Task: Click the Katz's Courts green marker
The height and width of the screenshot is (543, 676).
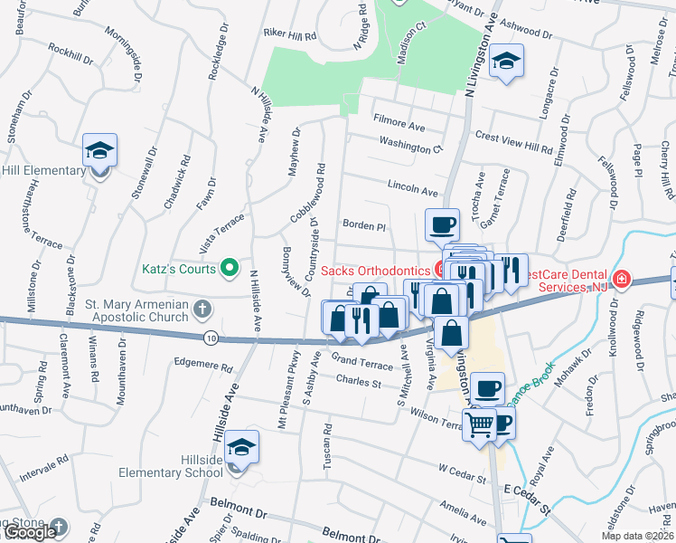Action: [x=230, y=268]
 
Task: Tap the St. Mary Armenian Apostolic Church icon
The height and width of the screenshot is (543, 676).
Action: [x=202, y=309]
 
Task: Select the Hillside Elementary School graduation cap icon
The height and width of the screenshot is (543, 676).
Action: [x=239, y=449]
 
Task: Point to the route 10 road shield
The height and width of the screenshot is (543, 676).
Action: [x=211, y=338]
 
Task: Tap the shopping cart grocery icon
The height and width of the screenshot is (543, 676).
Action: [x=479, y=423]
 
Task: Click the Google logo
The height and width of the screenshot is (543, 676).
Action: [x=29, y=532]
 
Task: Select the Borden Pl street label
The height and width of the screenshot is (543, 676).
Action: [x=363, y=224]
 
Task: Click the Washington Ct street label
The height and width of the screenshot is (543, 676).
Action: [x=411, y=144]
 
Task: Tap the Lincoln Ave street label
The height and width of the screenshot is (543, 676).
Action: [x=412, y=191]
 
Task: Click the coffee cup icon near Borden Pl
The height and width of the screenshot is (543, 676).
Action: [x=441, y=224]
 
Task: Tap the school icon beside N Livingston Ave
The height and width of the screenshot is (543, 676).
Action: [x=506, y=62]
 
